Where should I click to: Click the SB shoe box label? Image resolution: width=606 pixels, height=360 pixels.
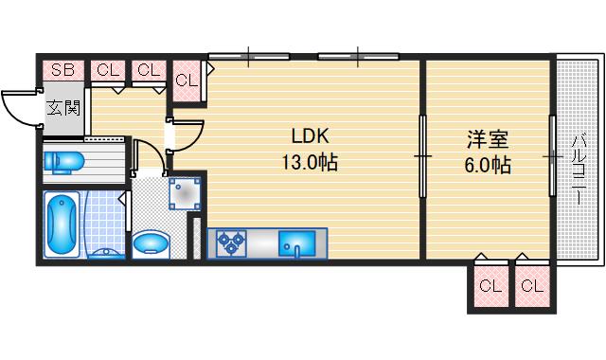point(62,69)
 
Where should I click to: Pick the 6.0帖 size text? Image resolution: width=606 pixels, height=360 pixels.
point(489,166)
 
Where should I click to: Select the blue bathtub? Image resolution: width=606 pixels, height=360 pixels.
point(63,224)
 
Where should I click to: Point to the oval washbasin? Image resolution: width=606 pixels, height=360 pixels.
point(151,245)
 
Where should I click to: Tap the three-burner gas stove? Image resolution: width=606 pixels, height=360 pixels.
point(231,244)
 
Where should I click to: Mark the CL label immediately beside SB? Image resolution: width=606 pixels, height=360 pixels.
point(108,69)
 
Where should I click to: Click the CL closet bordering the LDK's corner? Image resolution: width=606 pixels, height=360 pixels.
point(186,79)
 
